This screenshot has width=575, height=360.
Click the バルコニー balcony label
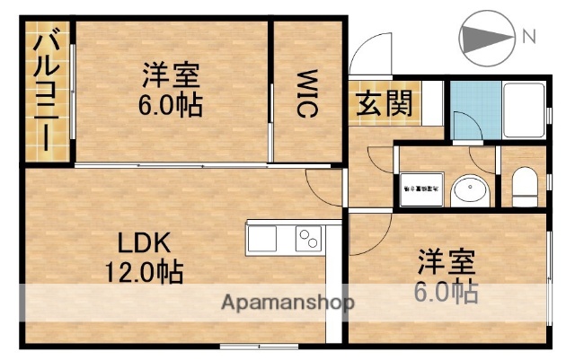[43, 92]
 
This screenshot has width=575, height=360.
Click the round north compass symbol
[483, 38]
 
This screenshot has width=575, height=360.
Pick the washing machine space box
[420, 190]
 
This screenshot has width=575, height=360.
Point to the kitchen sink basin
[263, 239]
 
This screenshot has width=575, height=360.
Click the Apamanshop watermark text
[287, 303]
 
